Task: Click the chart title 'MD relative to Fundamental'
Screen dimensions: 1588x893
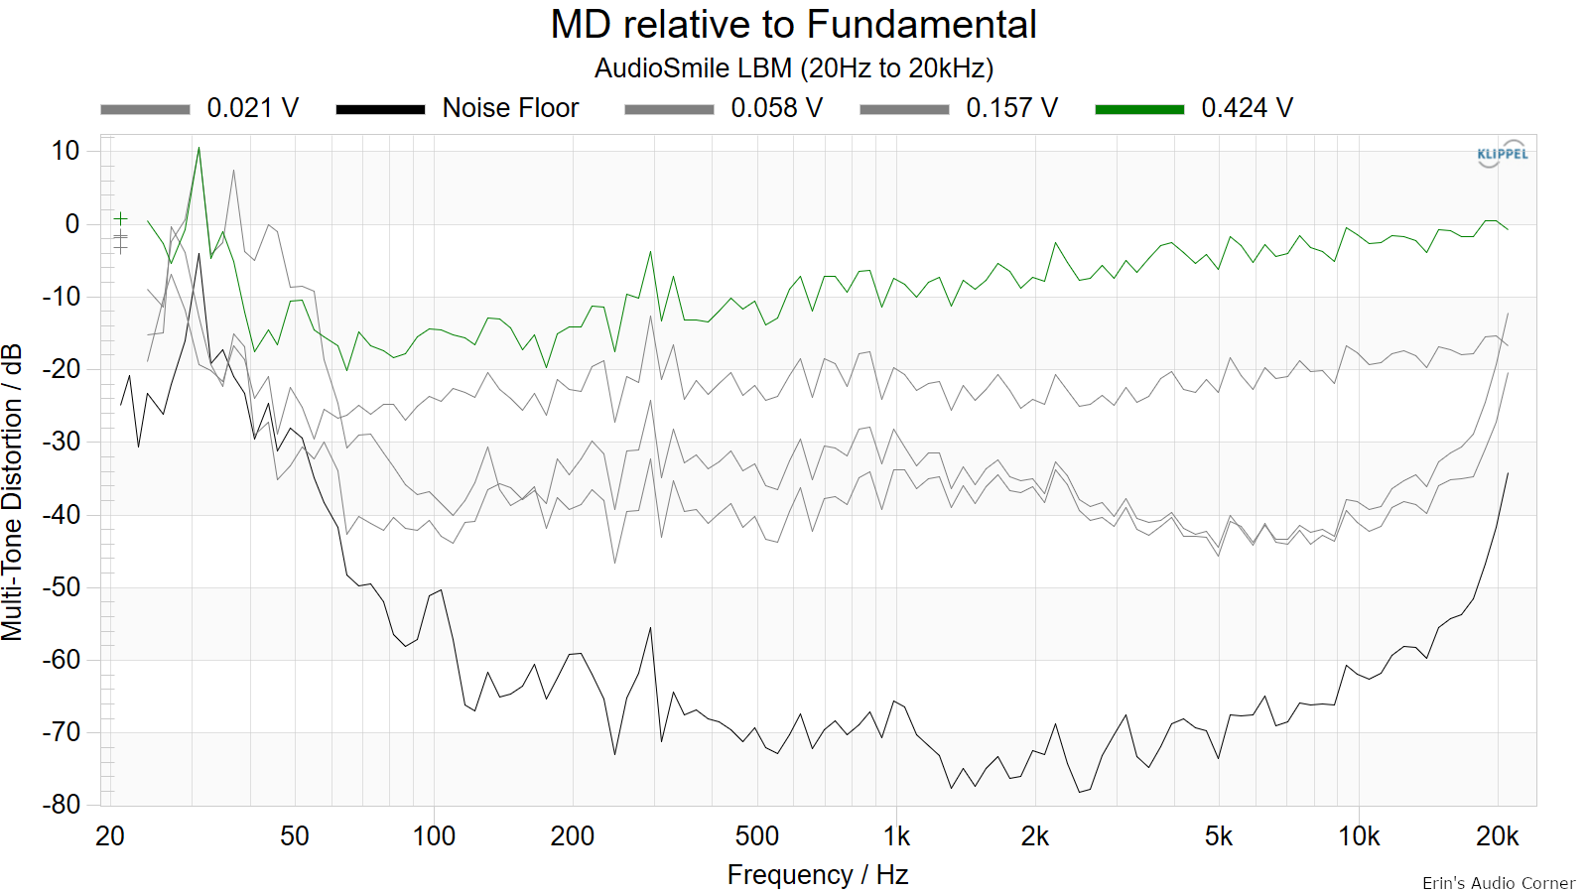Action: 793,25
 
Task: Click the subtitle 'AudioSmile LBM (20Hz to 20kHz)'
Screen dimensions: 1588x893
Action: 794,68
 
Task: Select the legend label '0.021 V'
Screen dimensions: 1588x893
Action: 252,108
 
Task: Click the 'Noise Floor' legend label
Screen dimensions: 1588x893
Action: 510,108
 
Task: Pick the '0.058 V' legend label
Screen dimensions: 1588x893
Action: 776,108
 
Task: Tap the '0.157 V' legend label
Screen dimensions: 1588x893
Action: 1011,108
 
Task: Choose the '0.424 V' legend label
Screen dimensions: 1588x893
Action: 1247,108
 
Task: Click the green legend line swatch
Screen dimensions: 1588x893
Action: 1140,109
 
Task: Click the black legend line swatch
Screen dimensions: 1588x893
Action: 381,109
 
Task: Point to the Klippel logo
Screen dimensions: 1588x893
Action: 1503,154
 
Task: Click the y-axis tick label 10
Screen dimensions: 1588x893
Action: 66,151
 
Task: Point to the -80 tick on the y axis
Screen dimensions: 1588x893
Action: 61,805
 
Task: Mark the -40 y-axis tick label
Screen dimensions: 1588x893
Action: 61,515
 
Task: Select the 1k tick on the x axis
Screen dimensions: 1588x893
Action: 896,837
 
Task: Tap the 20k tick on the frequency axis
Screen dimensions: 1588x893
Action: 1498,837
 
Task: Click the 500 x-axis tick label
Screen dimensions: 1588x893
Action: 757,837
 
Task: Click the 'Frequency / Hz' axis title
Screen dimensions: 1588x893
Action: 818,875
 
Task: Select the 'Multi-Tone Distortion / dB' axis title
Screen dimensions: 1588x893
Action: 12,492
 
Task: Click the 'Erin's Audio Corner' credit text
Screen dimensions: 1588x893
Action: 1499,883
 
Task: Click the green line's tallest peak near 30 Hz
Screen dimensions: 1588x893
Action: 199,148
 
